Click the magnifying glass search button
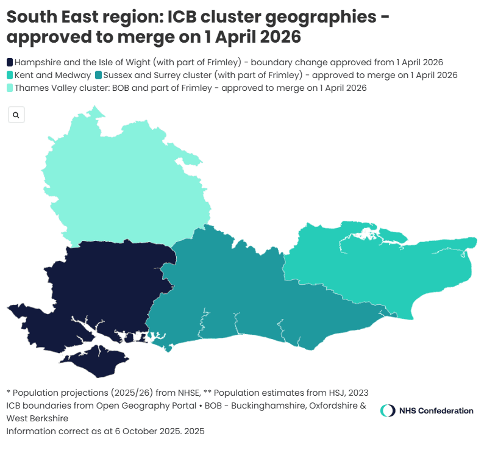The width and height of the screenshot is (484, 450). pos(16,115)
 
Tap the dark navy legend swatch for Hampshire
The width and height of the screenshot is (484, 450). pos(10,62)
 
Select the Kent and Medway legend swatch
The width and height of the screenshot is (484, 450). pos(10,75)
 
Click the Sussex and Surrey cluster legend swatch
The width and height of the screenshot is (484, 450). pos(98,75)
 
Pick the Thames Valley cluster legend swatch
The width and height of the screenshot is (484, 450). pos(10,88)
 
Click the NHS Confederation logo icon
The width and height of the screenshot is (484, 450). pos(387,410)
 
